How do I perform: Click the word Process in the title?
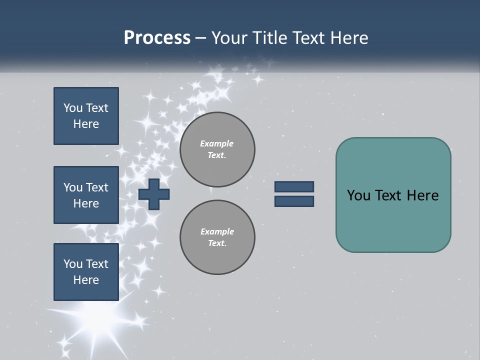coord(157,38)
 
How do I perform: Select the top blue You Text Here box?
coord(86,116)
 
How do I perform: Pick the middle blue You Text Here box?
coord(86,195)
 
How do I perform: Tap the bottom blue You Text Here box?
coord(86,272)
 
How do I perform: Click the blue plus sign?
coord(154,194)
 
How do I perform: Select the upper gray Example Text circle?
coord(217,149)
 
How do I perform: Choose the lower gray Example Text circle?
coord(217,237)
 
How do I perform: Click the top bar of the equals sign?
coord(294,187)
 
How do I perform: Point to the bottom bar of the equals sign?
coord(294,201)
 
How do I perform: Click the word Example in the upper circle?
coord(217,143)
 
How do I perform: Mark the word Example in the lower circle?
coord(217,231)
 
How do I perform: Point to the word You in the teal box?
coord(358,195)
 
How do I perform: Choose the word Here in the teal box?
coord(422,195)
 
